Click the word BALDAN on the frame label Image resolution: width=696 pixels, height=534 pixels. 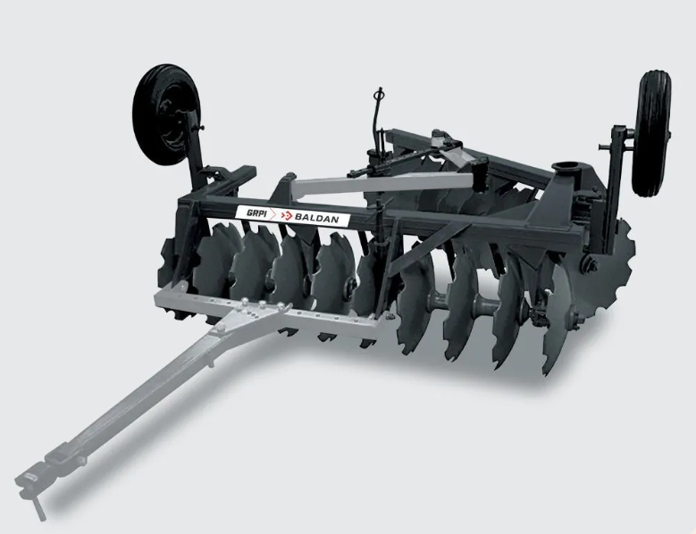click(x=316, y=218)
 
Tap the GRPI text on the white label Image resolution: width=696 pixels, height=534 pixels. click(x=256, y=213)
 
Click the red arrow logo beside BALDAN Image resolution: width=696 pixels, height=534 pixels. click(x=287, y=215)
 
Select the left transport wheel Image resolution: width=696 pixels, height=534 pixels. click(x=166, y=115)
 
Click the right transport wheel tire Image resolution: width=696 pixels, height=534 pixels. click(x=651, y=133)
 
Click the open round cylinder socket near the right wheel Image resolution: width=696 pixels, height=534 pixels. click(x=565, y=169)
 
